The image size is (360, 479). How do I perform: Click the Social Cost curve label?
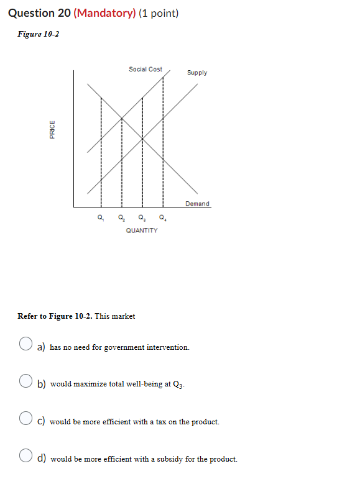point(145,69)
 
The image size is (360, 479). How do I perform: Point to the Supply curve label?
point(197,73)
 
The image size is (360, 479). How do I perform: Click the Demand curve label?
point(198,204)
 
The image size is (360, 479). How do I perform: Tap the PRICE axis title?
point(52,130)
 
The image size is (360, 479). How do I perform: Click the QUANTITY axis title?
point(142,230)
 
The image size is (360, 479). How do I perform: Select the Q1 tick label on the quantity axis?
point(100,218)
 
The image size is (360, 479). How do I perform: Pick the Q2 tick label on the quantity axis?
point(121,218)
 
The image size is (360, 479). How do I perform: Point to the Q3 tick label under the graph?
point(142,218)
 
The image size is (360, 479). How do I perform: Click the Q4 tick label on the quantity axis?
point(163,218)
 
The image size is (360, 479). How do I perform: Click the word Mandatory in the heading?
point(104,12)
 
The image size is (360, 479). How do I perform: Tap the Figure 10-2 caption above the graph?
point(38,34)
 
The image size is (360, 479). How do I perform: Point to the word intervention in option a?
point(168,347)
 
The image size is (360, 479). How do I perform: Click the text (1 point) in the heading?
point(158,12)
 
